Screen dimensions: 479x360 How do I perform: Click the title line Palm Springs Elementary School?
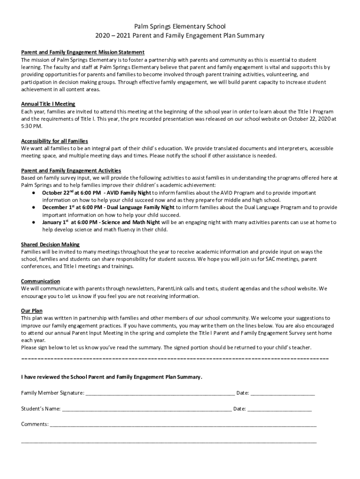[x=180, y=27]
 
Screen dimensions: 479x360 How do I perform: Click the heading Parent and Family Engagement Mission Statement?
[x=83, y=52]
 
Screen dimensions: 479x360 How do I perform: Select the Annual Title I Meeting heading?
[x=48, y=104]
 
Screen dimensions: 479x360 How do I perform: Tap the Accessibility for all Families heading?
[x=55, y=141]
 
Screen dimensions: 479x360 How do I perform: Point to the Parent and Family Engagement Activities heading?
[x=71, y=170]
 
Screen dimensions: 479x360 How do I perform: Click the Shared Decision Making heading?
[x=50, y=244]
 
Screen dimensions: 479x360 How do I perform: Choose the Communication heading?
[x=41, y=281]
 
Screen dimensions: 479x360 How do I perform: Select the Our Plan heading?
[x=32, y=311]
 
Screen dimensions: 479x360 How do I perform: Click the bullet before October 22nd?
[x=34, y=193]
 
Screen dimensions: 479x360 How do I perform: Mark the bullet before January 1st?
[x=34, y=222]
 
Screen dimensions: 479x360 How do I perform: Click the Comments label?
[x=35, y=424]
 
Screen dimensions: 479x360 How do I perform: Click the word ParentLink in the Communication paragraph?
[x=160, y=289]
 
